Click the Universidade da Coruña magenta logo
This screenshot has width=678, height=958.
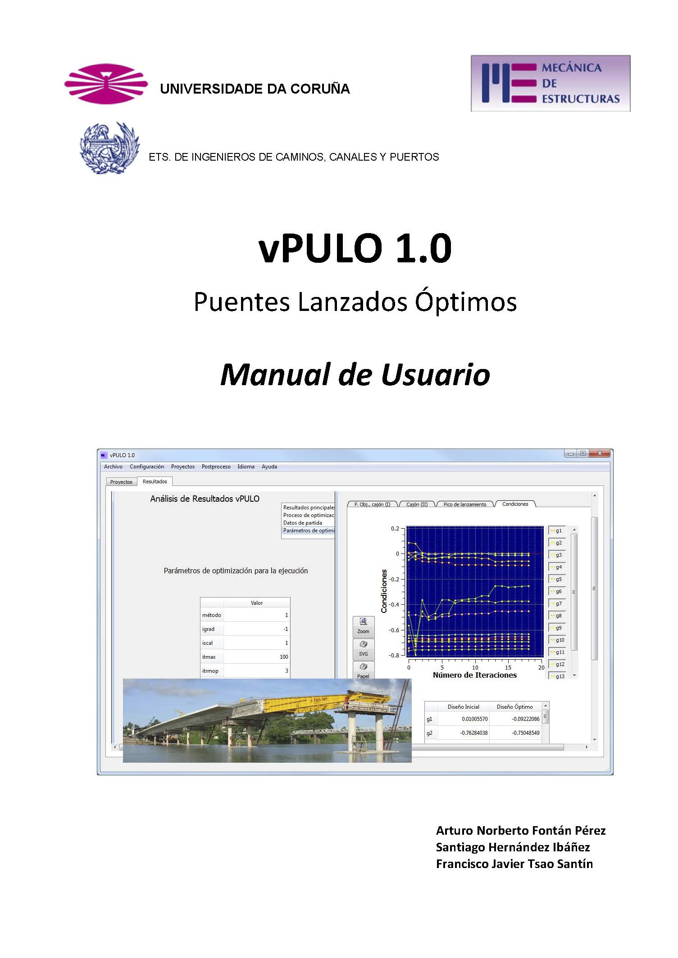(106, 84)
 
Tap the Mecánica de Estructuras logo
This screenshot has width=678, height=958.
(550, 83)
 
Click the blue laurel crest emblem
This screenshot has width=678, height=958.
(109, 148)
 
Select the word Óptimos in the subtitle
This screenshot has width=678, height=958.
(466, 301)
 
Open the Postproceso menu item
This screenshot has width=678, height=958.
(216, 467)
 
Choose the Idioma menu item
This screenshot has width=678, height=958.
(246, 467)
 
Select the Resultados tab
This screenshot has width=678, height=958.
(155, 481)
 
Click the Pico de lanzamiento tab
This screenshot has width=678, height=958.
(464, 504)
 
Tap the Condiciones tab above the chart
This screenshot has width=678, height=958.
(515, 504)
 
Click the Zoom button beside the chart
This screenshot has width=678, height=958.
(363, 626)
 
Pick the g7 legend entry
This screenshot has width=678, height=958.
(557, 603)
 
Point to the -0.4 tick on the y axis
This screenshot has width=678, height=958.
(394, 604)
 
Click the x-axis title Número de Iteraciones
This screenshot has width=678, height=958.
(474, 675)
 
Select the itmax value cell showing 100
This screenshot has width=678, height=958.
(257, 657)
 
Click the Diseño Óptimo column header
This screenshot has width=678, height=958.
(514, 707)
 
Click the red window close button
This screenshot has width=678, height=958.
(599, 454)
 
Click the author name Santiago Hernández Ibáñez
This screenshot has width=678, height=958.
(513, 847)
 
